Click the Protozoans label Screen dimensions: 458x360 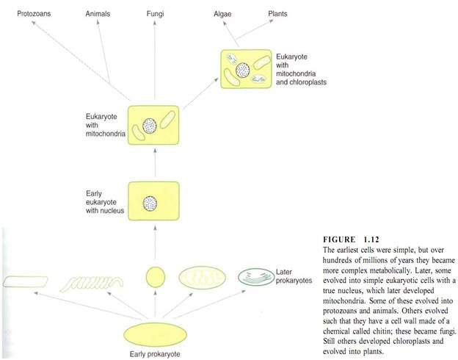(x=34, y=14)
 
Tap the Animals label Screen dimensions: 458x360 (x=98, y=14)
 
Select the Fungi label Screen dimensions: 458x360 (x=155, y=14)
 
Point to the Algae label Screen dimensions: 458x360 (x=222, y=14)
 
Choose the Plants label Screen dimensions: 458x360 (x=277, y=14)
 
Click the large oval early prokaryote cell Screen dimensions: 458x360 (x=155, y=335)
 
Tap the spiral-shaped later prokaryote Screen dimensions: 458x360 (x=92, y=283)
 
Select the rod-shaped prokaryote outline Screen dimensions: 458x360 (x=26, y=281)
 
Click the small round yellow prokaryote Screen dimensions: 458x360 (x=156, y=277)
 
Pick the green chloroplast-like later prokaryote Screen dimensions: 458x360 (x=256, y=277)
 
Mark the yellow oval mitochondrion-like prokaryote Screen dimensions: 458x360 (x=202, y=278)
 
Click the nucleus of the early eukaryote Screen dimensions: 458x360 (x=150, y=204)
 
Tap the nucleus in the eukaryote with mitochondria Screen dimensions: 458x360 (x=150, y=126)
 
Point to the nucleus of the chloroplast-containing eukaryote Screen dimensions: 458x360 (x=243, y=71)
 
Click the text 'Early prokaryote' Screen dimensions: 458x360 (x=155, y=354)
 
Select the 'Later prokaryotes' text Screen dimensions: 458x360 (x=294, y=276)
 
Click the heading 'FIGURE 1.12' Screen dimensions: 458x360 (x=351, y=240)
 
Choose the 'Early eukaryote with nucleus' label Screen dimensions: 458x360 (x=105, y=202)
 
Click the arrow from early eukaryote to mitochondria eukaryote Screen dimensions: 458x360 (x=155, y=162)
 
